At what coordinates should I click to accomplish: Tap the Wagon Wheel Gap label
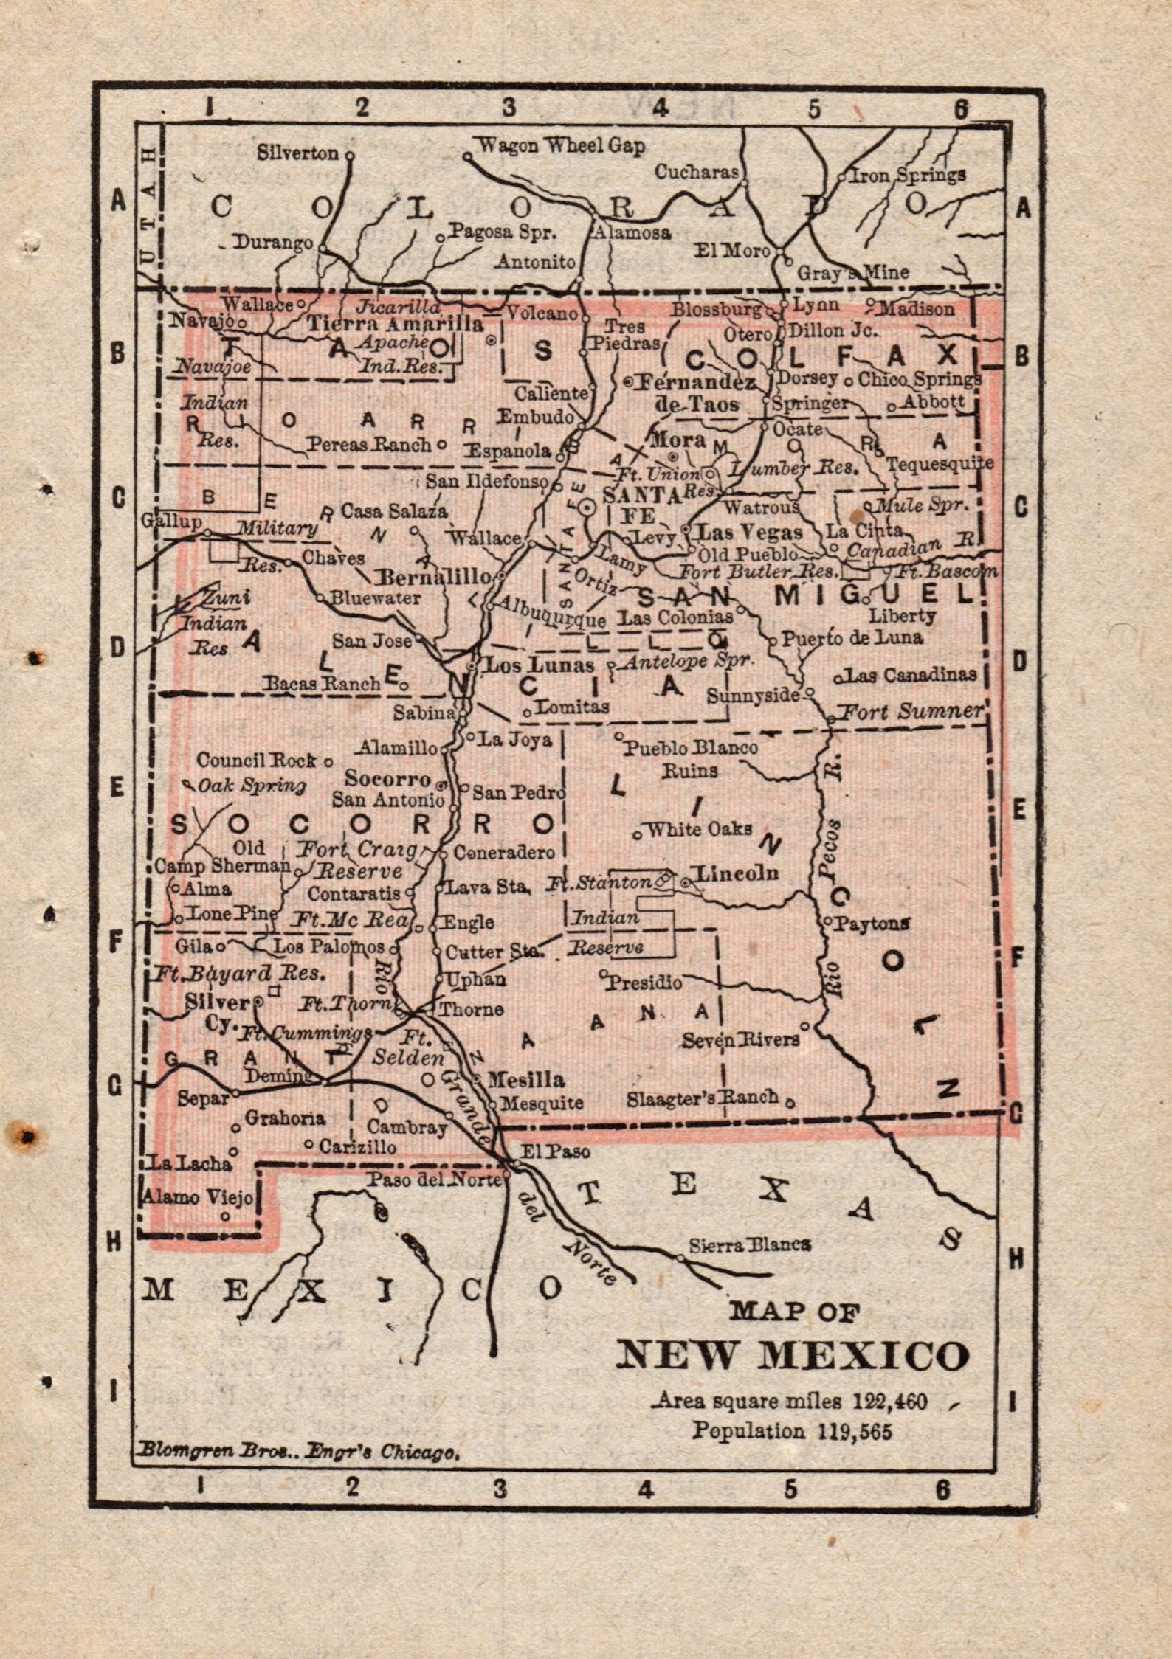pyautogui.click(x=561, y=145)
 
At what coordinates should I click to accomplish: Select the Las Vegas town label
pyautogui.click(x=750, y=531)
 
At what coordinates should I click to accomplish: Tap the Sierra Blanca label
pyautogui.click(x=750, y=1245)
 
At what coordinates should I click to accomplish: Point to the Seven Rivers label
pyautogui.click(x=740, y=1039)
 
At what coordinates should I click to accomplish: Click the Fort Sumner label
pyautogui.click(x=913, y=711)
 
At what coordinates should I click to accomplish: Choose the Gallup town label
pyautogui.click(x=172, y=522)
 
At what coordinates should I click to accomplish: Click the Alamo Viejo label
pyautogui.click(x=198, y=1196)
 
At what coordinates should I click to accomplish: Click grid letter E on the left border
pyautogui.click(x=116, y=789)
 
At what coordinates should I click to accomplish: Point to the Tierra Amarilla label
pyautogui.click(x=395, y=323)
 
